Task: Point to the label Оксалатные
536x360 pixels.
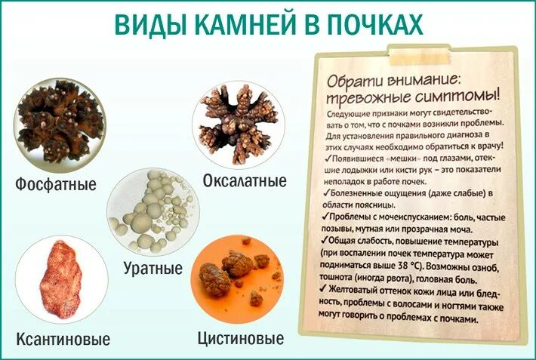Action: pos(244,181)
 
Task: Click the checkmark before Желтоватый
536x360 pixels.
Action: pos(323,289)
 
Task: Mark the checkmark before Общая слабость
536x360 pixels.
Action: pos(323,242)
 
